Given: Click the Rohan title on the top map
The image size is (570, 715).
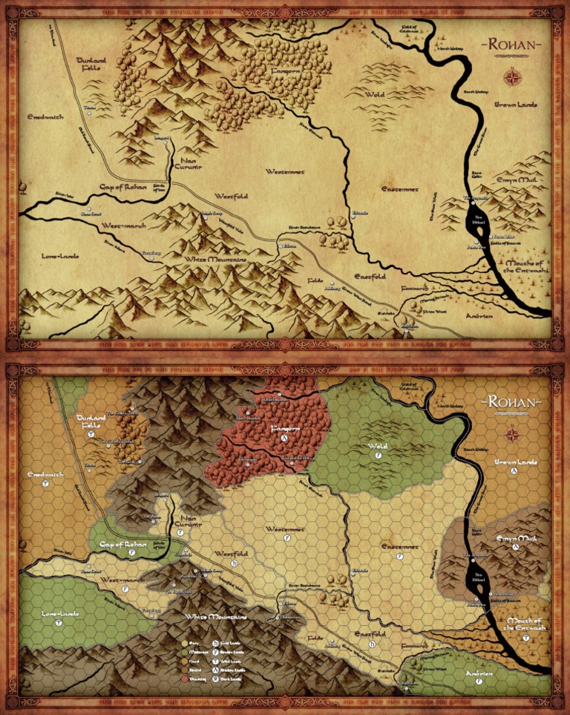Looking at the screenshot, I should coord(512,45).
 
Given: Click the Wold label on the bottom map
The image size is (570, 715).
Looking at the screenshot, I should coord(377,447).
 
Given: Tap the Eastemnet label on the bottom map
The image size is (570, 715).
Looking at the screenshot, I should coord(402,547).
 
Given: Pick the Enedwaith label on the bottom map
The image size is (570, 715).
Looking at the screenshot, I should coord(45,474).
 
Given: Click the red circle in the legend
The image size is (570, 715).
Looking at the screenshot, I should coord(186,679).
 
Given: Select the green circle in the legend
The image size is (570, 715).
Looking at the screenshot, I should coord(186,650).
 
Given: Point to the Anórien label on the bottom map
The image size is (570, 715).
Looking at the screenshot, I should coord(479,674).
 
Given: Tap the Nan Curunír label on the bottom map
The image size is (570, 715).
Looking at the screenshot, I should coord(187,524).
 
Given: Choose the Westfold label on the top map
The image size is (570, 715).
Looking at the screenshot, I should coord(231,196).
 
